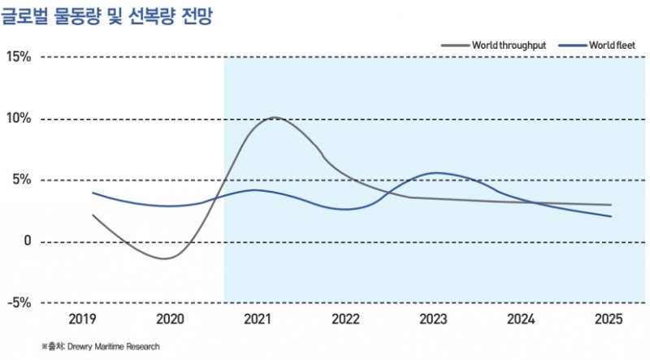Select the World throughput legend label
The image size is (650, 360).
508,45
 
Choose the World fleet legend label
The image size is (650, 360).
606,45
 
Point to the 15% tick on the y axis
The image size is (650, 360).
18,57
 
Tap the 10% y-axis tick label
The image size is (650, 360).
18,119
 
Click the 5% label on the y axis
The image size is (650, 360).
21,180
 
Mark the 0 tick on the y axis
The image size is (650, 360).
27,241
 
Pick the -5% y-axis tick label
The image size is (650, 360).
18,302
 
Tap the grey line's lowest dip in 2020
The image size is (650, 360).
165,258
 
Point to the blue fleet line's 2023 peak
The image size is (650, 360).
438,172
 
